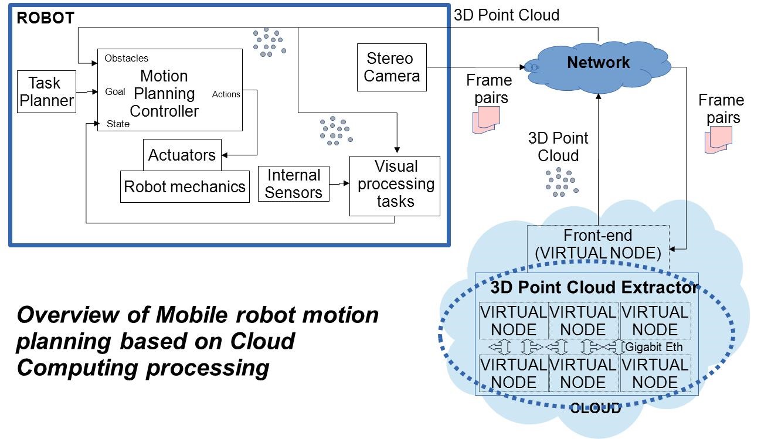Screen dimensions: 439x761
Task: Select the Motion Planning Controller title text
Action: [x=164, y=93]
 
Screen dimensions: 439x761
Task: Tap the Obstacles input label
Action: [x=126, y=59]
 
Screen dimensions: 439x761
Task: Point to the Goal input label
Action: [x=114, y=91]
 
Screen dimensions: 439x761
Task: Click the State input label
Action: [x=118, y=124]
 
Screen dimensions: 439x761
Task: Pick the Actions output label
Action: [x=226, y=94]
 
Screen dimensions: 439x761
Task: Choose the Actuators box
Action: [x=182, y=155]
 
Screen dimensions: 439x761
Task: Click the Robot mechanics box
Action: [x=185, y=186]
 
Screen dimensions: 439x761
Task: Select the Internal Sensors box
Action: [x=294, y=183]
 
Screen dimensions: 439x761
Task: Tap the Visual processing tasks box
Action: [x=395, y=184]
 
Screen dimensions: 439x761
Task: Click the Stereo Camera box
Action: [x=392, y=67]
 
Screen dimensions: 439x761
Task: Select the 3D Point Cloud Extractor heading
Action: [x=593, y=288]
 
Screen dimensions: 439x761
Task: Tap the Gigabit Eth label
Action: [x=654, y=347]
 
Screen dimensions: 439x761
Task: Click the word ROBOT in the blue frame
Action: [x=45, y=18]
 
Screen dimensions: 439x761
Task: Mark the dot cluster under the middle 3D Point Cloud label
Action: [x=560, y=181]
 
